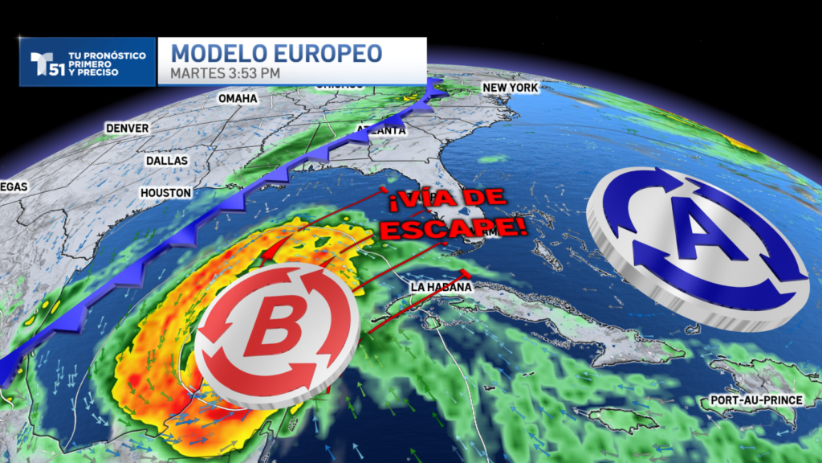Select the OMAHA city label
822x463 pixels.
[238, 98]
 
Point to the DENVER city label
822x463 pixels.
[127, 128]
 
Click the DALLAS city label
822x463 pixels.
[166, 161]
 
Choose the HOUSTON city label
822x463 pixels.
[165, 193]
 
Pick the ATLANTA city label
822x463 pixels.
[381, 130]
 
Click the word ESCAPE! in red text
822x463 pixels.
[454, 227]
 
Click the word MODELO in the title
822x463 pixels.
[210, 54]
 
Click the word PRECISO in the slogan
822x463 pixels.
[94, 73]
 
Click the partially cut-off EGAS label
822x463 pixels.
[14, 186]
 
